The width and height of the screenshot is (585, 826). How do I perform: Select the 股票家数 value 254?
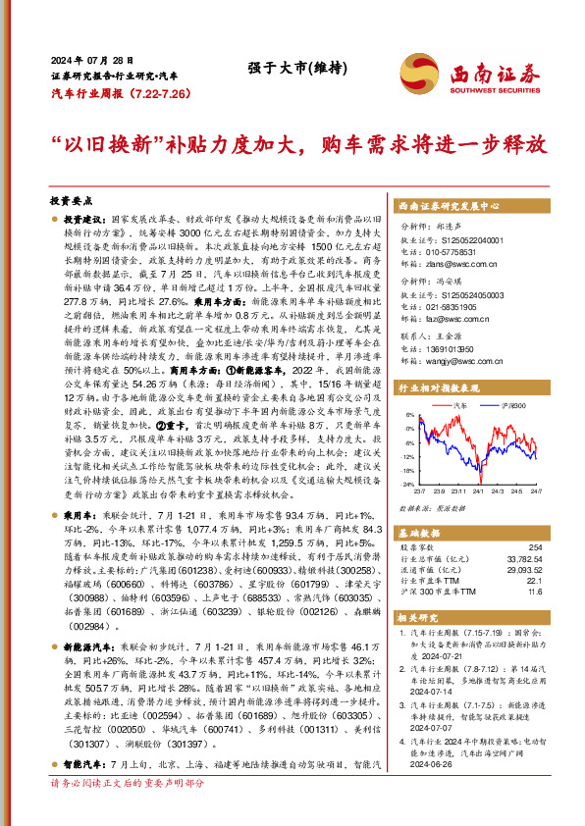tap(534, 547)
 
